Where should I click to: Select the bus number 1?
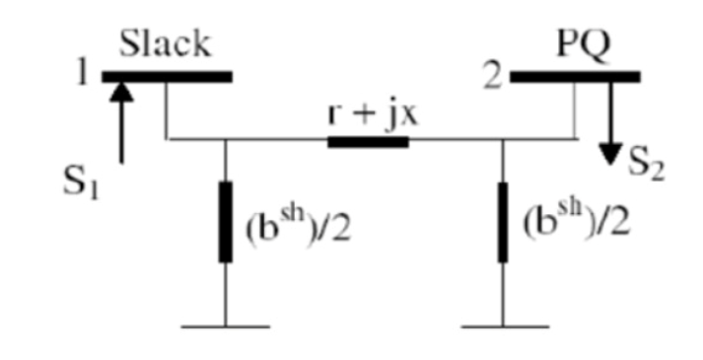(x=86, y=76)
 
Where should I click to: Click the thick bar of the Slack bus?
(x=168, y=76)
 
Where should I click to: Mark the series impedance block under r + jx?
(x=367, y=141)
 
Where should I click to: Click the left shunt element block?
(x=225, y=221)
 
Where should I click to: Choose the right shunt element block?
(x=503, y=221)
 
